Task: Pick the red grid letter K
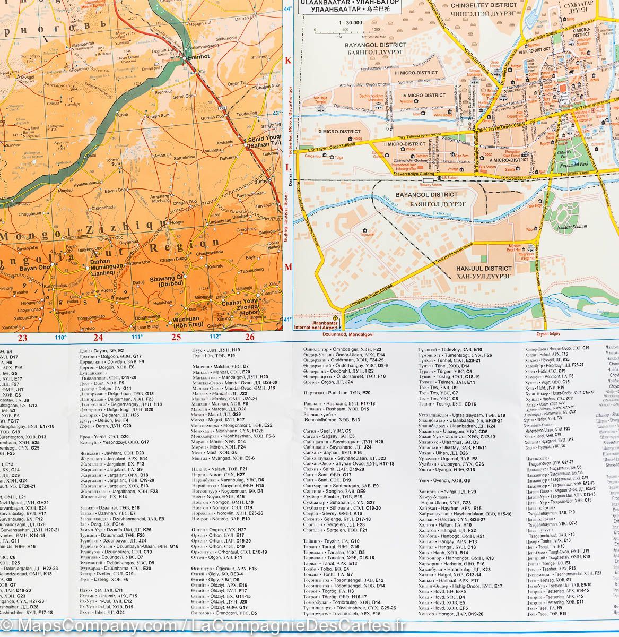pos(289,61)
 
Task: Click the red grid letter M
pos(289,266)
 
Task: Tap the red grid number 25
pos(176,337)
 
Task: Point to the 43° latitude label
pos(275,113)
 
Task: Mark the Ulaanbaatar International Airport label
pos(316,324)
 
